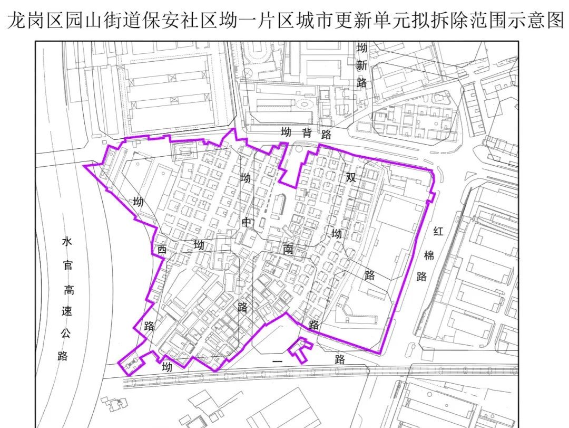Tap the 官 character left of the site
tap(68, 265)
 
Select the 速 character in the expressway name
tap(67, 311)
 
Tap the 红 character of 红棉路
tap(438, 231)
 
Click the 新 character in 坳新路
tap(361, 66)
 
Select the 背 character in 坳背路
tap(307, 133)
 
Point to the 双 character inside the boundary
tap(351, 178)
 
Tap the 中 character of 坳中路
tap(247, 222)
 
